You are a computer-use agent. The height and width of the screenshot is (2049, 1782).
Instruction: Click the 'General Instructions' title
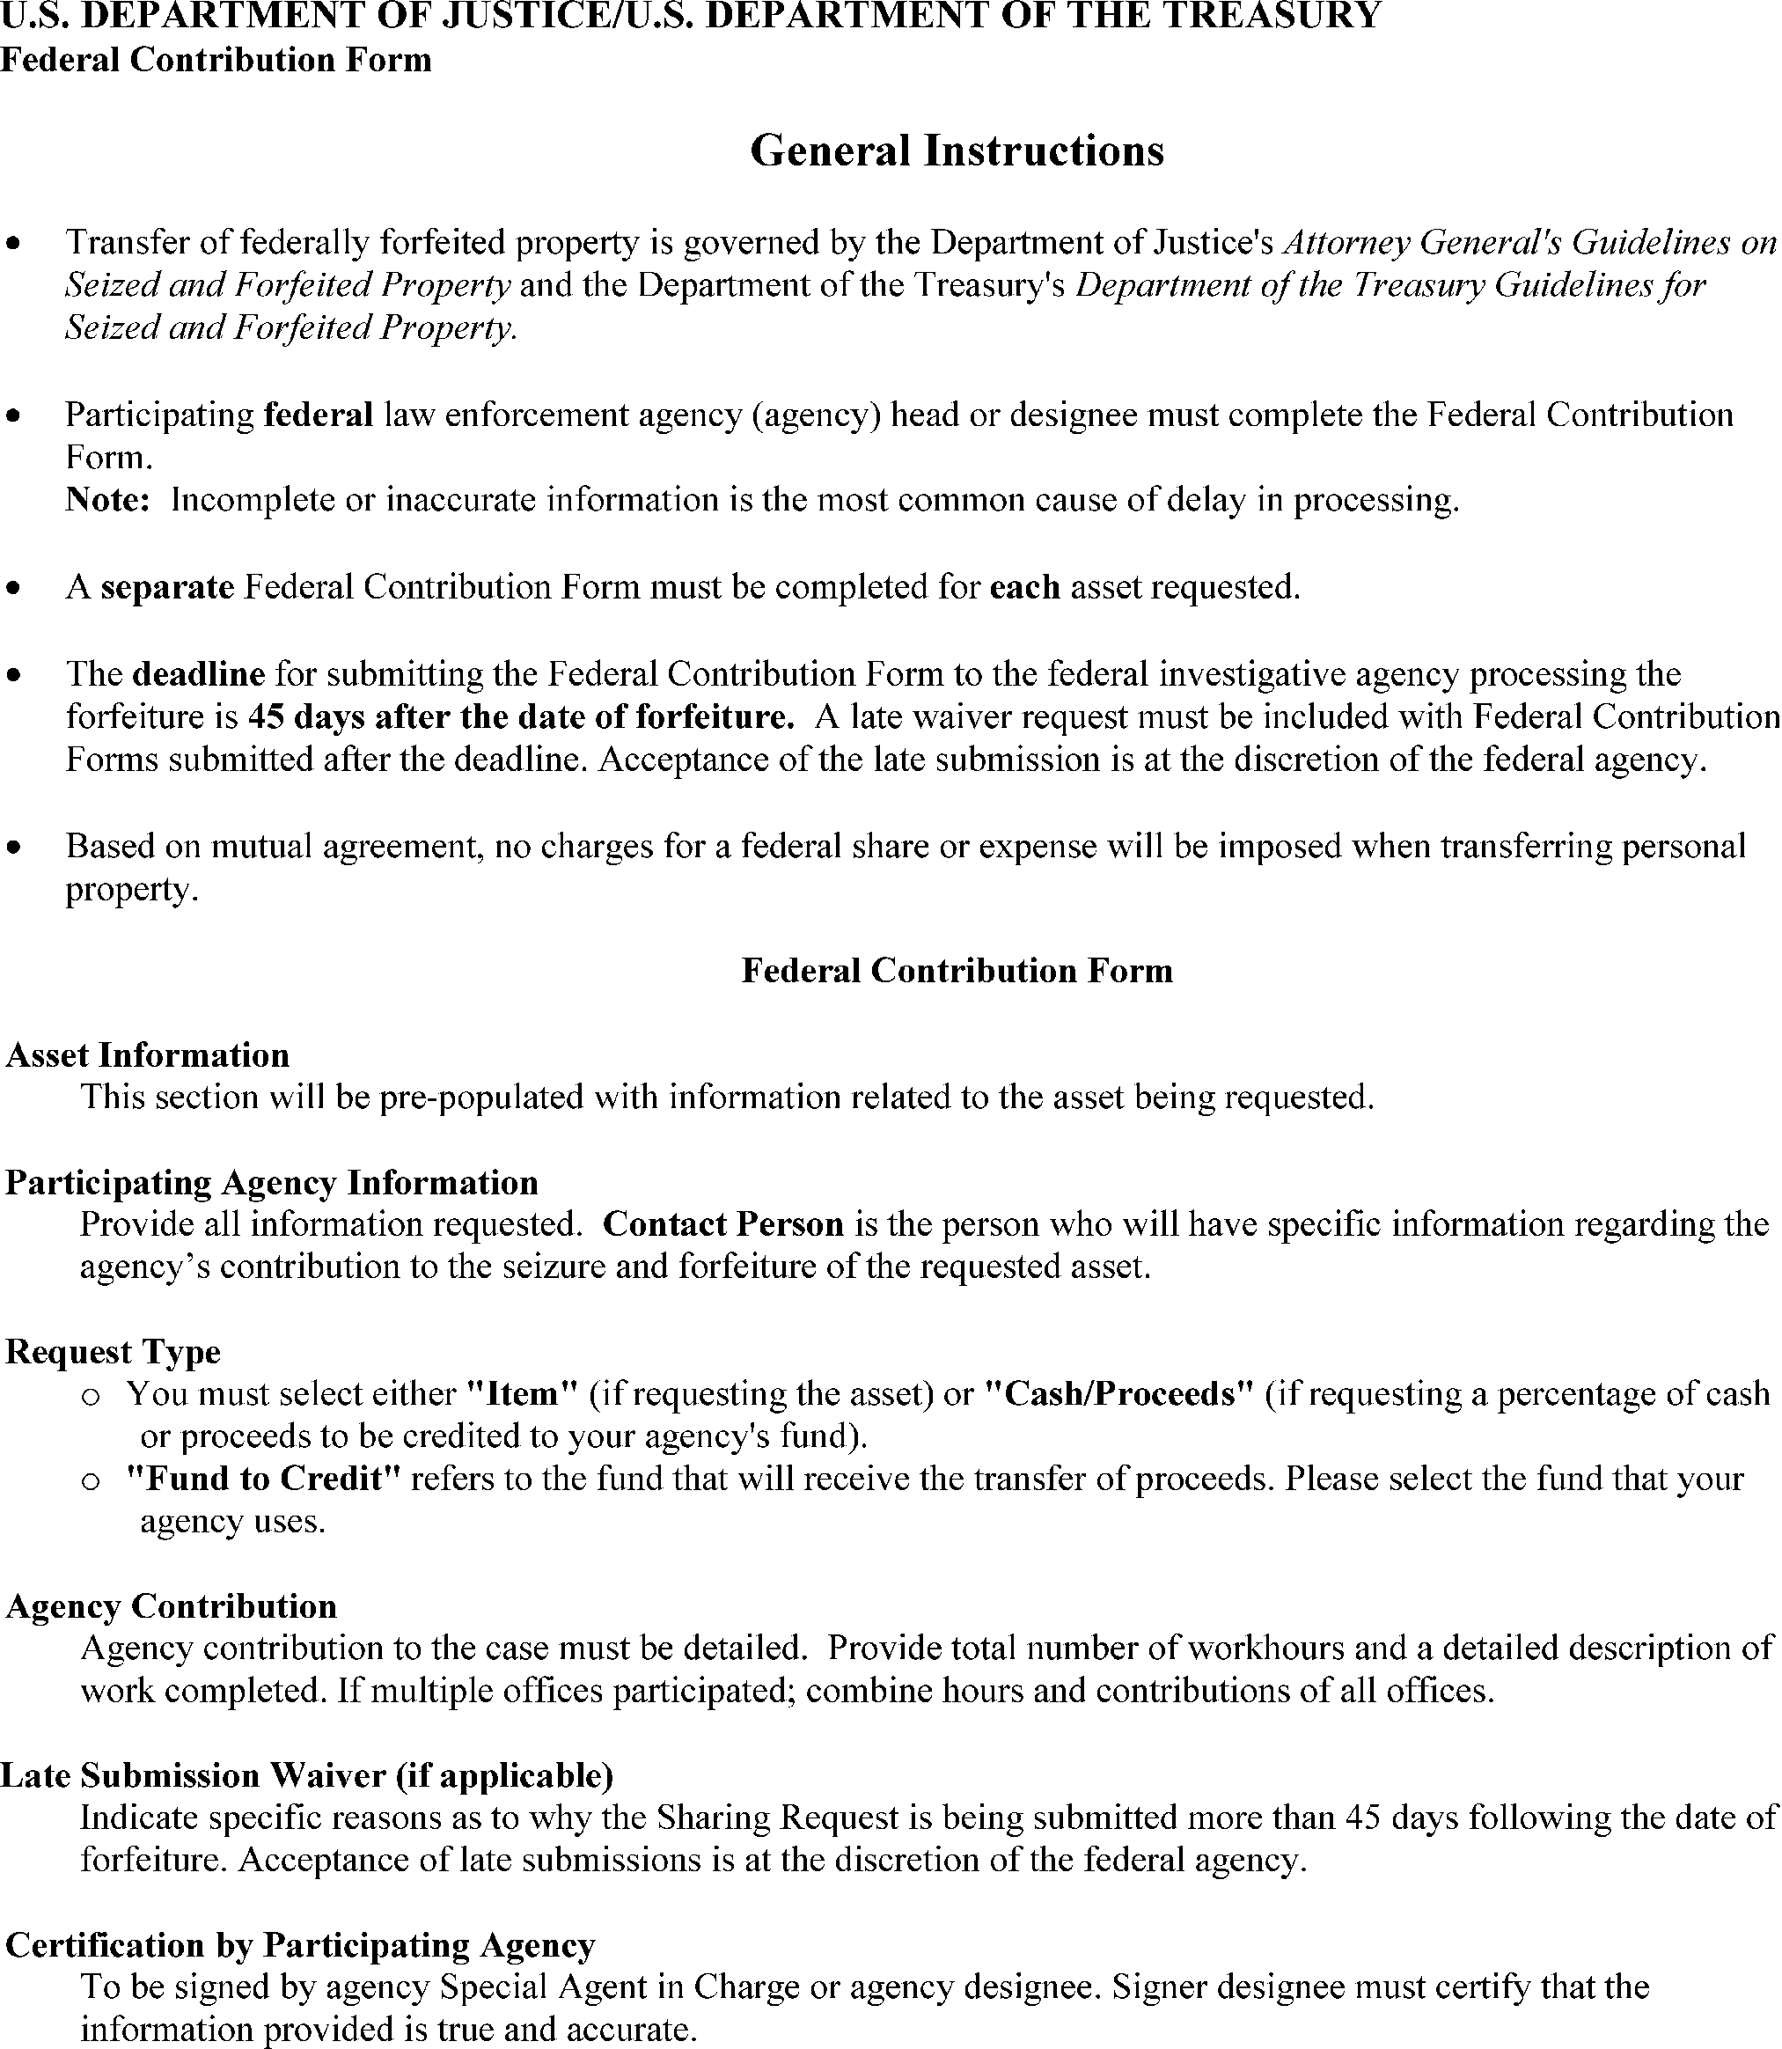click(957, 151)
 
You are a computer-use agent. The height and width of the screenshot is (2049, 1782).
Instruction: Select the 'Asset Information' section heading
click(147, 1055)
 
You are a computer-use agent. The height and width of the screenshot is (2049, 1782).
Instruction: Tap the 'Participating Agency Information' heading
click(271, 1183)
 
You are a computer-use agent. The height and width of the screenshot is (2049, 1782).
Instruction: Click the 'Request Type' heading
click(114, 1352)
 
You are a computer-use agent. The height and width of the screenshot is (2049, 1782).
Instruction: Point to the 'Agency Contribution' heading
click(171, 1606)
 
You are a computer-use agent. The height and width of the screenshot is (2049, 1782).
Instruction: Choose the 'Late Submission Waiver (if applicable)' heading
click(306, 1775)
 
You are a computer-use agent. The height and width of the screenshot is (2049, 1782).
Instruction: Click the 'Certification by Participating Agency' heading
click(300, 1944)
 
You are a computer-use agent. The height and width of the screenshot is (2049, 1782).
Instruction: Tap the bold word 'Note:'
click(107, 499)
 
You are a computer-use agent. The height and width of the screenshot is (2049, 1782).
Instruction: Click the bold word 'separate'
click(167, 587)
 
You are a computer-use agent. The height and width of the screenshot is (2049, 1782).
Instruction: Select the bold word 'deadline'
click(199, 674)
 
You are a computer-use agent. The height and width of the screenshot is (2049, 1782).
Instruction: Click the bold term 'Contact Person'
click(723, 1224)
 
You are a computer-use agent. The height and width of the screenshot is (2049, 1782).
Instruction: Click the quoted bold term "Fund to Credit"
click(263, 1479)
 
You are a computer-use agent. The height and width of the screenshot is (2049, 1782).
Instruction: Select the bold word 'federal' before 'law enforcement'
click(319, 415)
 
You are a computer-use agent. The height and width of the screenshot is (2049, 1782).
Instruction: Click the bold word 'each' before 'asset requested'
click(1025, 587)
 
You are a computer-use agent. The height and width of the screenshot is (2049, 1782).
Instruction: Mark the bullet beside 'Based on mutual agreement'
click(13, 848)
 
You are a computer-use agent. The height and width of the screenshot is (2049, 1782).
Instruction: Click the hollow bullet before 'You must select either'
click(91, 1398)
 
